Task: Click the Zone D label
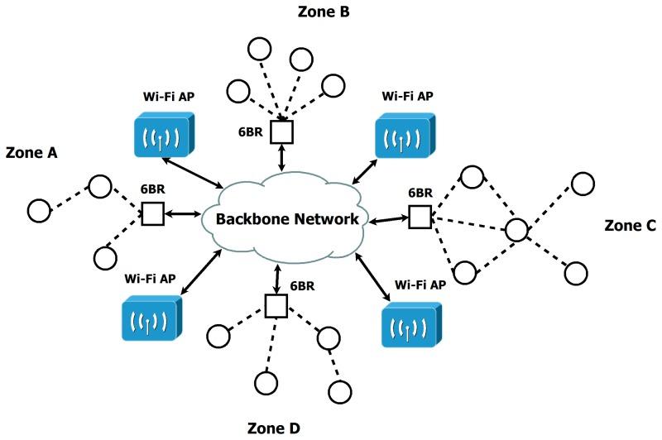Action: [x=276, y=428]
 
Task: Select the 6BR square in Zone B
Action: [x=284, y=132]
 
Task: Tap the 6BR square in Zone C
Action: [x=420, y=218]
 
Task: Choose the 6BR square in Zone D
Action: [x=276, y=306]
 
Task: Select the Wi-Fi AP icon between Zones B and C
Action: [x=404, y=135]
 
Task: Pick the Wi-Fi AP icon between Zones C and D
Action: [x=411, y=323]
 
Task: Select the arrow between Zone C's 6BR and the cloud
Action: [x=389, y=219]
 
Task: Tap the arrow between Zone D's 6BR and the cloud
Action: [x=276, y=276]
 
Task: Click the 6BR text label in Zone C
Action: [x=420, y=193]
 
